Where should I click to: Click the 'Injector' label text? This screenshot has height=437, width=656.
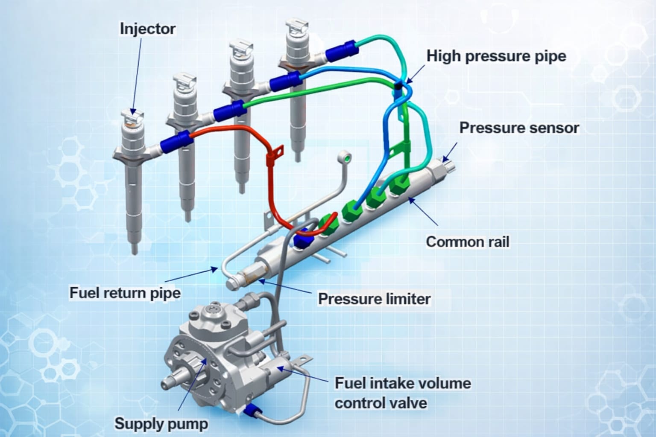click(147, 29)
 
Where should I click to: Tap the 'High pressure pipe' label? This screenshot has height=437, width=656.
click(496, 56)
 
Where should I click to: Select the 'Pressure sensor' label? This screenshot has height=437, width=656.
click(519, 128)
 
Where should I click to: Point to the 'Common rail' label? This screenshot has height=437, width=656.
click(468, 242)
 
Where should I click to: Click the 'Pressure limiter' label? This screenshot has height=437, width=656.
click(374, 299)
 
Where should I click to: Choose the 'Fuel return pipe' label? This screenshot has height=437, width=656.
click(125, 293)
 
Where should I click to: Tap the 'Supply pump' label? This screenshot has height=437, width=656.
click(161, 424)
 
